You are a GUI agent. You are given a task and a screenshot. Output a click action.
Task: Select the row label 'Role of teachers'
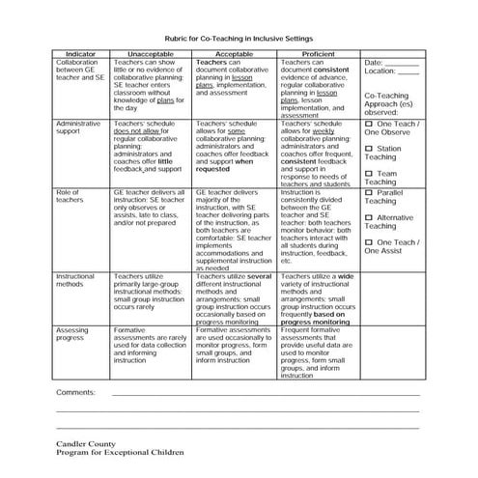click(x=70, y=198)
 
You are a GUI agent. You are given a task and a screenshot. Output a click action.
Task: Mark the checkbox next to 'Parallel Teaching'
click(x=369, y=193)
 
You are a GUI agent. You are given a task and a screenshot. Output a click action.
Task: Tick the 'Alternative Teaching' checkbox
click(x=369, y=218)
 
